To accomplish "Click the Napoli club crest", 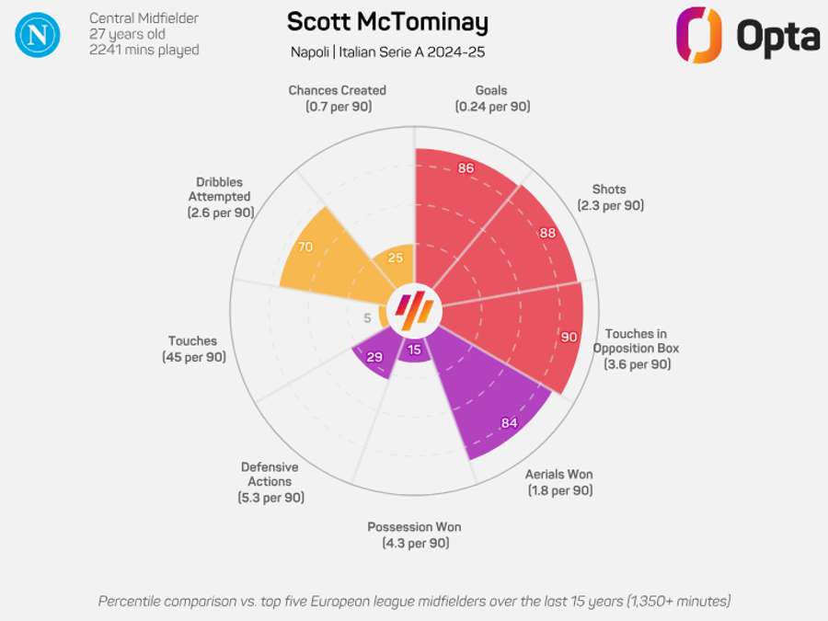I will click(38, 35).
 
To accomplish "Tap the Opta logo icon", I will click(699, 35).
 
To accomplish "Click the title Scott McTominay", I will click(387, 22).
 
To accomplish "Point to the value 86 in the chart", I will click(466, 168).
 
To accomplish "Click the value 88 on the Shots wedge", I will click(547, 233).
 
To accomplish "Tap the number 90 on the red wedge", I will click(569, 338).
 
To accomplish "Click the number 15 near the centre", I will click(415, 350).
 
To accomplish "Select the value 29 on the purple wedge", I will click(374, 357).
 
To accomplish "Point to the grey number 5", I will click(367, 318).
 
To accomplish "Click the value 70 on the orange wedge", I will click(305, 247).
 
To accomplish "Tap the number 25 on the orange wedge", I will click(396, 258).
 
